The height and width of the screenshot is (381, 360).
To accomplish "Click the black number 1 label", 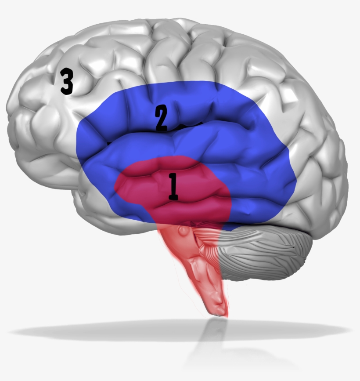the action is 173,187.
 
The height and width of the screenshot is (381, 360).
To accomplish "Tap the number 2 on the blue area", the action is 161,118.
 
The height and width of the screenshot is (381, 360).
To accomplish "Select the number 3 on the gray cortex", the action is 67,81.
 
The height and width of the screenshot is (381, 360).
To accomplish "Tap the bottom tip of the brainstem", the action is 220,316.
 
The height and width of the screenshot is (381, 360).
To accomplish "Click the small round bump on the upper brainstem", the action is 183,231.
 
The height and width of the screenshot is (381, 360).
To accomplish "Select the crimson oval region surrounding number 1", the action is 173,189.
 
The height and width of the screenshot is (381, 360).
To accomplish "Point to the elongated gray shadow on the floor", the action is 180,331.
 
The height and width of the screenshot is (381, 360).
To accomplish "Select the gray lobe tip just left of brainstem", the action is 136,225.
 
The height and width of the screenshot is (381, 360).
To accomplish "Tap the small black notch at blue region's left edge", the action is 109,143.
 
